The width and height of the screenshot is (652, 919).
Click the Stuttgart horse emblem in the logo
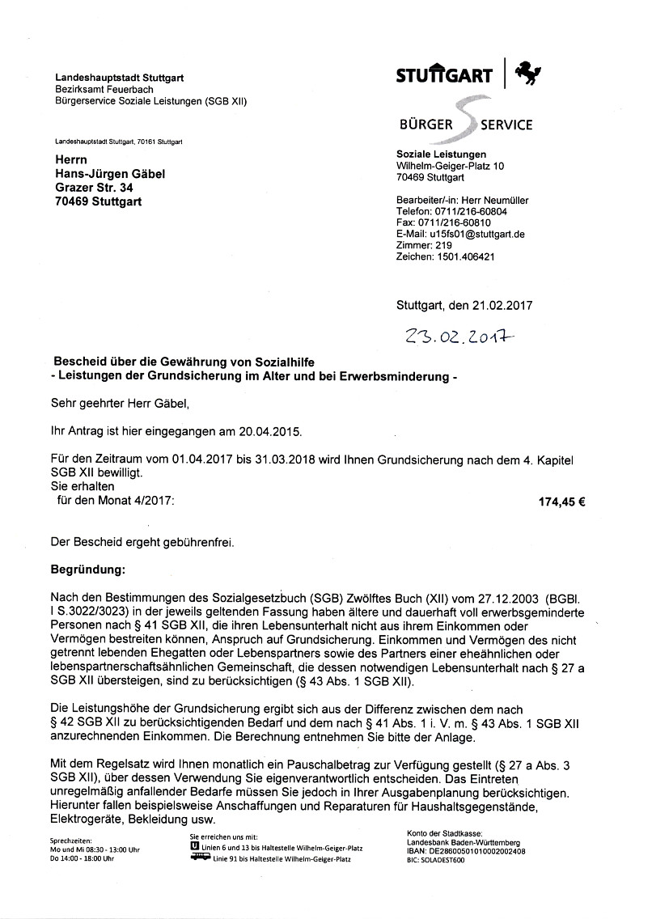(x=529, y=74)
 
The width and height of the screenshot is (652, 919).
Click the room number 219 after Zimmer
(x=443, y=245)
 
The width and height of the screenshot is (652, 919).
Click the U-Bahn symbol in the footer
(x=194, y=846)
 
